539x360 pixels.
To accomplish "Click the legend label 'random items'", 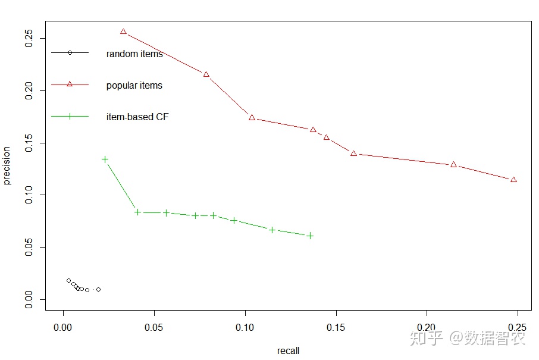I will pos(134,54).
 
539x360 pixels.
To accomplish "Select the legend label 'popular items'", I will pos(134,86).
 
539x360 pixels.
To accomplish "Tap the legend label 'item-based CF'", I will pos(137,117).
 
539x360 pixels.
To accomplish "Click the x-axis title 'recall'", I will pos(289,350).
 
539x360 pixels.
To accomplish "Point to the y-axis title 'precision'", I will pos(7,165).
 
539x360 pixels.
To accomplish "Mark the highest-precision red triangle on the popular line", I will pos(124,32).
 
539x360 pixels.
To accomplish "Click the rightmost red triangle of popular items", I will pos(513,180).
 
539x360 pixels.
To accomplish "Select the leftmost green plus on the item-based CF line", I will pos(105,159).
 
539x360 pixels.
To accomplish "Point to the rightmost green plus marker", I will pos(310,236).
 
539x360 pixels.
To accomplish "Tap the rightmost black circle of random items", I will pos(98,289).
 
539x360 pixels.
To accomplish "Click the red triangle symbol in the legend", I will pos(70,84).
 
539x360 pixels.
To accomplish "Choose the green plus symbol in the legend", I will pos(70,116).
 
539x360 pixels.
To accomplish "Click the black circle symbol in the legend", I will pos(70,52).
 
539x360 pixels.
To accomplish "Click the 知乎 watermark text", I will pos(427,339).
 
